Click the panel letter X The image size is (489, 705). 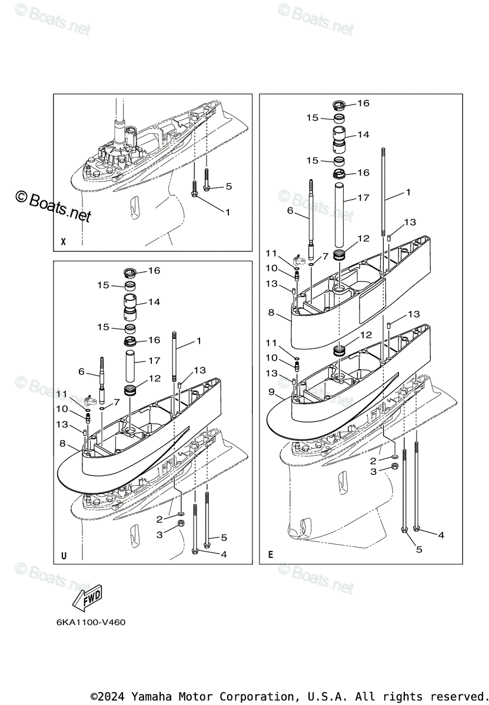pos(64,241)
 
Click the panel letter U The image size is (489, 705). pos(64,555)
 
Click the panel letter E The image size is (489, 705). pos(270,555)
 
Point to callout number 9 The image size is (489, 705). pos(271,391)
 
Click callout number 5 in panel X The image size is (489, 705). pos(228,186)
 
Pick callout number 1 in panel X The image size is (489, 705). pos(227,211)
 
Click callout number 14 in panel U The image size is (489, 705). pos(154,302)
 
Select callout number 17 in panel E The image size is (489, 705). pos(363,198)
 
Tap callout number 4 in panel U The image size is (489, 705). pos(223,553)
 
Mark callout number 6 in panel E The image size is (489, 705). pos(290,210)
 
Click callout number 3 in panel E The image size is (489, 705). pos(372,472)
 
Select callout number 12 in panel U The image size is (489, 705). pos(155,379)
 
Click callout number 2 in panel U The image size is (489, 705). pos(159,519)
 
